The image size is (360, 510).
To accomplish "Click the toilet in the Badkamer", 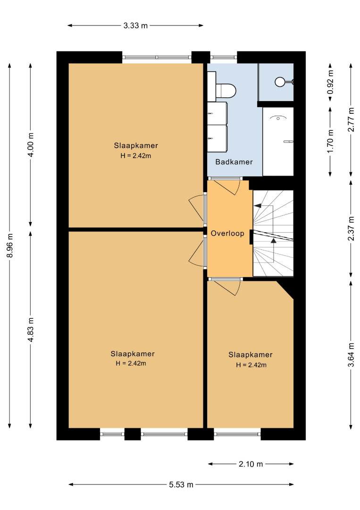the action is (x=226, y=91).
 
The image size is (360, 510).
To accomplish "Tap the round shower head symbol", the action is (x=280, y=82).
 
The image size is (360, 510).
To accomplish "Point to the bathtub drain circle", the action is (x=278, y=119).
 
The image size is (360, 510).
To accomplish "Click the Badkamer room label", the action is (x=234, y=161).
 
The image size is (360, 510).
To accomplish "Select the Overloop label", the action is (x=227, y=233).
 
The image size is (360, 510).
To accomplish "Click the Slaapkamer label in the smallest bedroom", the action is (x=250, y=355).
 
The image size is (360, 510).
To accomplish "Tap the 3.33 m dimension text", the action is (x=135, y=25).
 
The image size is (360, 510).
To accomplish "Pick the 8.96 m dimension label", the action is (x=10, y=245).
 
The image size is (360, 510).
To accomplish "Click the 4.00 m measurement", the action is (x=31, y=145).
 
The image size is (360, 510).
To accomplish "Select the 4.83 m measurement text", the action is (x=31, y=330).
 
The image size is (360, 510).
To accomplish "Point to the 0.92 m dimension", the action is (x=330, y=82).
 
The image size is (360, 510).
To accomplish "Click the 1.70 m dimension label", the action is (x=330, y=141).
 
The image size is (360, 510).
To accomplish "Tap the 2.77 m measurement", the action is (x=351, y=119).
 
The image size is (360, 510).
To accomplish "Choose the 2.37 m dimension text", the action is (x=351, y=229).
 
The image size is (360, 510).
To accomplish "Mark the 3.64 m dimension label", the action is (x=351, y=355).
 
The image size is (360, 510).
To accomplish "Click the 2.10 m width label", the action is (x=251, y=464).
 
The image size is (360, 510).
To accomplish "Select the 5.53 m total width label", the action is (x=181, y=484).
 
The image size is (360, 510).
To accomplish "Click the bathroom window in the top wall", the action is (x=224, y=57).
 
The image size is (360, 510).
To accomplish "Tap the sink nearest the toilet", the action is (x=217, y=113).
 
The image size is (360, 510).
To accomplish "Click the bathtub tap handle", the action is (x=288, y=142).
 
